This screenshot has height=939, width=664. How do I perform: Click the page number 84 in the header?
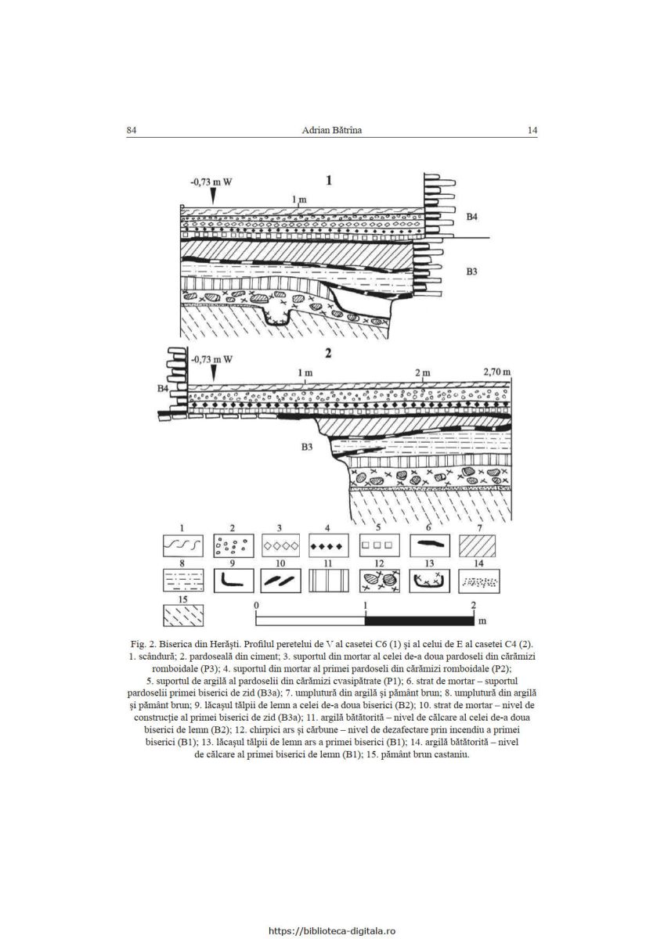(132, 131)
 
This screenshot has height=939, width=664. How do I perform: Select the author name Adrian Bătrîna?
(331, 131)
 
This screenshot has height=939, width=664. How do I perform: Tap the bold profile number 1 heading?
(329, 180)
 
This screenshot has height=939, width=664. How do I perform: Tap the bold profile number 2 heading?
(328, 354)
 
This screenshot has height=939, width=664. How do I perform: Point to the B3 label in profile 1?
(472, 272)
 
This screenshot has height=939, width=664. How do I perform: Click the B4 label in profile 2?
(163, 389)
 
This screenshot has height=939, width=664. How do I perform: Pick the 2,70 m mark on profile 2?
(497, 372)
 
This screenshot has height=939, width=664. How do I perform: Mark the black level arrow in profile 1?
(214, 196)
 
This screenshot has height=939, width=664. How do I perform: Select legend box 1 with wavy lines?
(182, 546)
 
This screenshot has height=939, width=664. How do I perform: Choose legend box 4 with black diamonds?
(328, 546)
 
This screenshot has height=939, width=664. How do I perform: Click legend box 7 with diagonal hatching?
(477, 546)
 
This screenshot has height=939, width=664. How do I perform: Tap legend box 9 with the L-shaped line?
(233, 581)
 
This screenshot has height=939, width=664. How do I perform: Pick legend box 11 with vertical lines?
(328, 581)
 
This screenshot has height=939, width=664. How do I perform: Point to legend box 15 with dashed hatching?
(183, 615)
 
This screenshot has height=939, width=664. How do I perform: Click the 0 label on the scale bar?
(256, 606)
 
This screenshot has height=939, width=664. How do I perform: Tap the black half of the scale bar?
(419, 621)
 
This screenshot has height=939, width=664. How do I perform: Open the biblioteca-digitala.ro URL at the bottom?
(332, 931)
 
